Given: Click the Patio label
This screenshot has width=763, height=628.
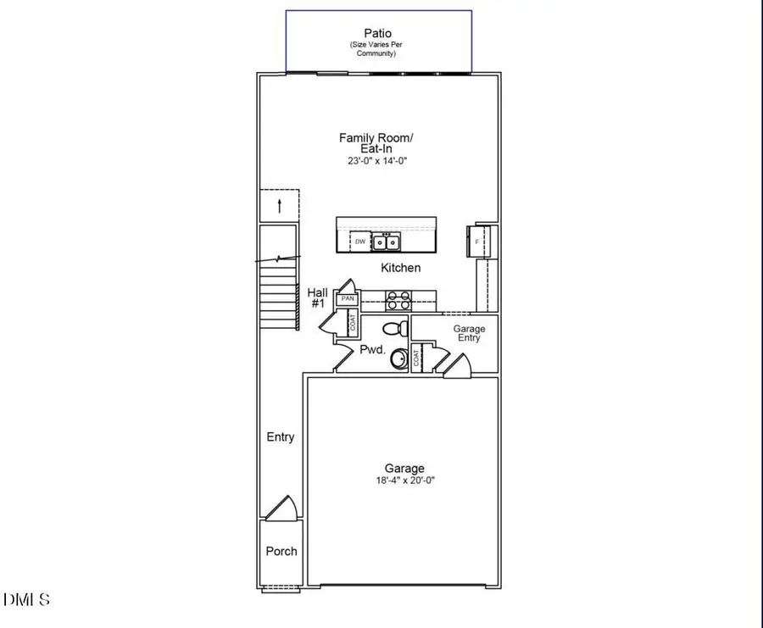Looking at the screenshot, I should [378, 34].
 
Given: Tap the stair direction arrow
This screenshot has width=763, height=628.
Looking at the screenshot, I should [280, 206].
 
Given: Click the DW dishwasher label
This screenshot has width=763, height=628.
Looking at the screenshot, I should [359, 242].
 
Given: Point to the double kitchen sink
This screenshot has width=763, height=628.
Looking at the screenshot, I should [387, 242].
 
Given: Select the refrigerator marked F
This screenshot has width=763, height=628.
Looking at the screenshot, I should [476, 242].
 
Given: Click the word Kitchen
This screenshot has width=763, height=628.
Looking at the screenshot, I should [400, 268].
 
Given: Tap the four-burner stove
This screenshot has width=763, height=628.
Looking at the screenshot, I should [398, 299].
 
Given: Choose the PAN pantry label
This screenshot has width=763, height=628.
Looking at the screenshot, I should [347, 299].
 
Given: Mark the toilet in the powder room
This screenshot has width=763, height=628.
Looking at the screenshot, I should [395, 327].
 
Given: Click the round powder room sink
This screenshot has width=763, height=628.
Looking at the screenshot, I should [400, 359].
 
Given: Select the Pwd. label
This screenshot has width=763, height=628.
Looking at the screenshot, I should [373, 349].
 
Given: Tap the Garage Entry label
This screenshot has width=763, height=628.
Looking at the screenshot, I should [469, 333].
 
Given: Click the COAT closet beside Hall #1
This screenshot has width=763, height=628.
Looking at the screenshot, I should [352, 323].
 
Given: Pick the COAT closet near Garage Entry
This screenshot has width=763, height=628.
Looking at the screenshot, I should [417, 358].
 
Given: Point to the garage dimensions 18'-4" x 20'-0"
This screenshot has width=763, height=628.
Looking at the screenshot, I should [404, 480].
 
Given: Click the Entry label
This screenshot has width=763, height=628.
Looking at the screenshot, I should [281, 437].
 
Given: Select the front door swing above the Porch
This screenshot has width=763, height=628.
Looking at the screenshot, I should [280, 509].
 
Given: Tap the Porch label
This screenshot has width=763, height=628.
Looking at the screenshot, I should [281, 551].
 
